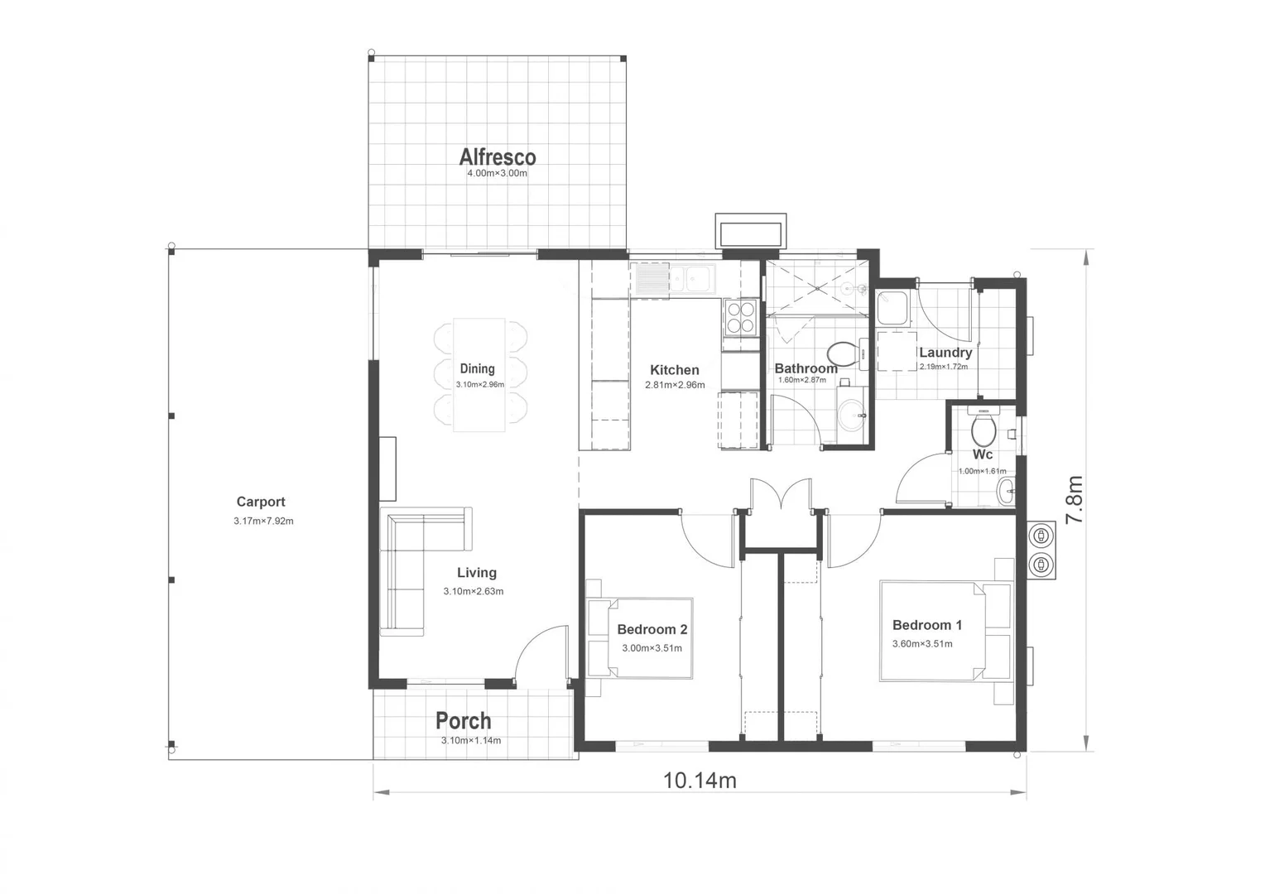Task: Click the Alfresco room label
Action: coord(498,156)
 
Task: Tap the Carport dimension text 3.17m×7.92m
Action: coord(263,521)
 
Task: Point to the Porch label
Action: coord(464,721)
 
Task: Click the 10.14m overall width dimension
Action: coord(700,781)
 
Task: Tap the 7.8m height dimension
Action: coord(1074,499)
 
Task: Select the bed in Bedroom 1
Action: coord(944,631)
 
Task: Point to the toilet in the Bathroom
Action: coord(843,355)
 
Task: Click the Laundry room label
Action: coord(945,353)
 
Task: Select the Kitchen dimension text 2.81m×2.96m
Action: coord(675,385)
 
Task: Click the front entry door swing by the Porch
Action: coord(539,654)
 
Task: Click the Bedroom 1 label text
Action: coord(926,625)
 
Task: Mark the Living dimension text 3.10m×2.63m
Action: coord(473,591)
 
